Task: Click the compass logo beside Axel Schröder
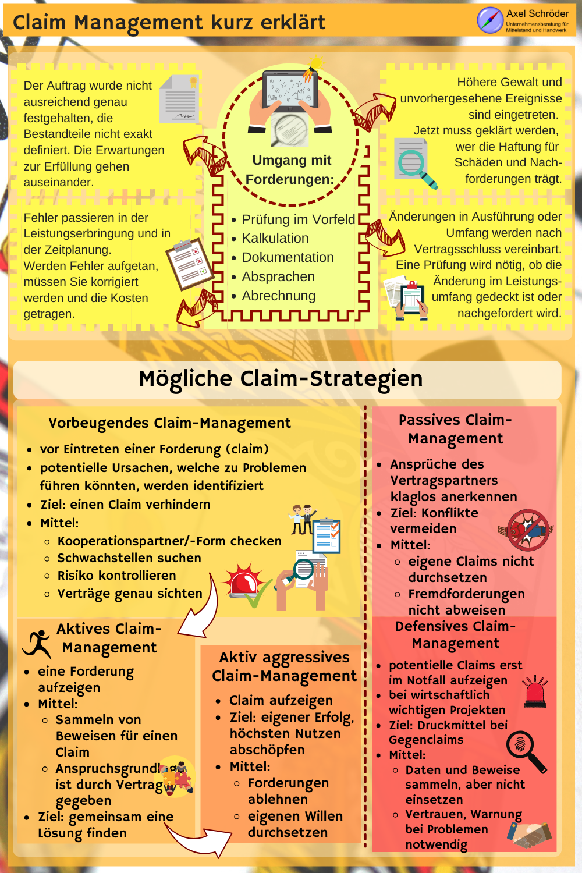tap(490, 20)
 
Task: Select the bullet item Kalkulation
tap(275, 239)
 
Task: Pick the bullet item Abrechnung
tap(278, 296)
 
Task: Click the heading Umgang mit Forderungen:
tap(290, 169)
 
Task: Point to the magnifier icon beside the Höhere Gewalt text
tap(414, 163)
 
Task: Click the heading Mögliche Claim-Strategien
tap(281, 379)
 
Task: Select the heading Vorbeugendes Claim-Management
tap(169, 423)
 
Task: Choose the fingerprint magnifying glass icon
tap(526, 751)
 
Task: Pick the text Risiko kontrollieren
tap(116, 576)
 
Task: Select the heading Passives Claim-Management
tap(455, 429)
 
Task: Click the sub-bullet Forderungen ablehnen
tap(288, 791)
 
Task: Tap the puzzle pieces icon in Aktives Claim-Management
tap(177, 777)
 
